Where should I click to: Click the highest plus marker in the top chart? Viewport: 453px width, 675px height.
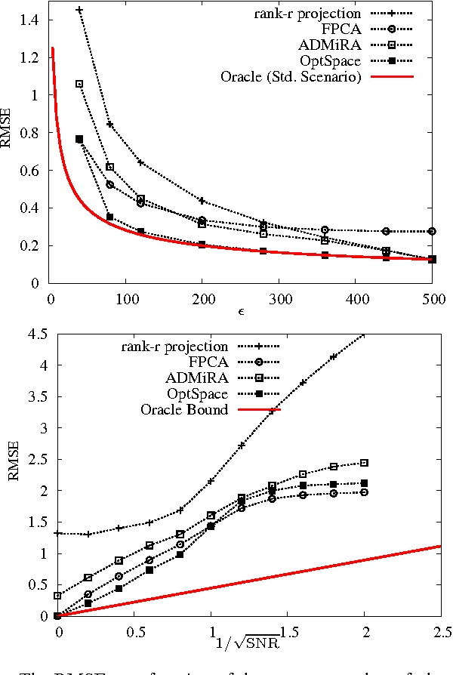pos(80,11)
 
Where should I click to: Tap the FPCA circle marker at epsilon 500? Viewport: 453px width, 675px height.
pos(432,231)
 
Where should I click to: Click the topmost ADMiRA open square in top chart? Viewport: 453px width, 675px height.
pos(79,84)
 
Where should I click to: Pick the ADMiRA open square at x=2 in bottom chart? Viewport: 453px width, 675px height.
pos(364,463)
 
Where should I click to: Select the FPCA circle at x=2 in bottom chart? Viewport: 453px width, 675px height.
pos(364,492)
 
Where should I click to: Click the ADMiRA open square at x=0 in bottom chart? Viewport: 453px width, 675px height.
pos(58,596)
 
